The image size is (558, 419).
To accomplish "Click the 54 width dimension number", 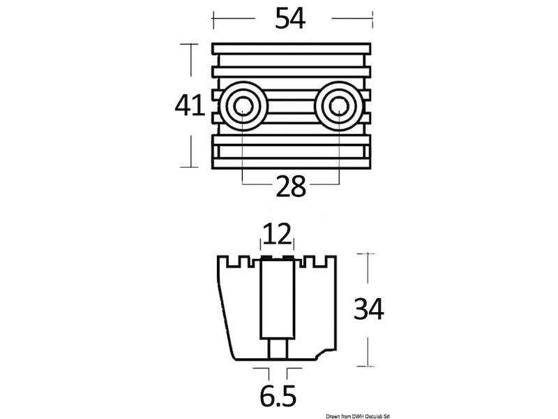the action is pyautogui.click(x=290, y=19).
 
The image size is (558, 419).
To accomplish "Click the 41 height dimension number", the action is pyautogui.click(x=190, y=105).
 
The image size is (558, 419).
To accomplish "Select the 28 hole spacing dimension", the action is pyautogui.click(x=291, y=186).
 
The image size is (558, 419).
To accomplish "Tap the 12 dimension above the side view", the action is pyautogui.click(x=278, y=235).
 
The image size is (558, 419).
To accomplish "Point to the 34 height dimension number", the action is pyautogui.click(x=369, y=309).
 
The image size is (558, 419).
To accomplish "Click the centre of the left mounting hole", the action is pyautogui.click(x=243, y=107).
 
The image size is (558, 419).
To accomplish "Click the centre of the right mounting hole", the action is pyautogui.click(x=338, y=107).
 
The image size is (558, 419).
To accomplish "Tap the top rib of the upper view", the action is pyautogui.click(x=292, y=49).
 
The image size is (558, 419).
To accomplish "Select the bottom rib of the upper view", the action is pyautogui.click(x=292, y=163).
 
